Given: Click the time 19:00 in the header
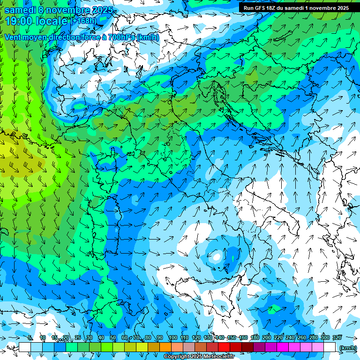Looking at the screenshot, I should (18, 21).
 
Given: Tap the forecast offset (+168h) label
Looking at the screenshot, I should (84, 21).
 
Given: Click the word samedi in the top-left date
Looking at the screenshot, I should (19, 9).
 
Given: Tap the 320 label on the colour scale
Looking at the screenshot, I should (337, 338).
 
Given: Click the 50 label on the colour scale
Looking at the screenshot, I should (113, 338).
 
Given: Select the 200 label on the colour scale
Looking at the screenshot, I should (267, 338).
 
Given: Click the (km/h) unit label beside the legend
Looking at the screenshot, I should (348, 348).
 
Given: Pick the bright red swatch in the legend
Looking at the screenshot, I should (224, 347).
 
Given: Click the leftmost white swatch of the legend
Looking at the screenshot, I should (25, 347).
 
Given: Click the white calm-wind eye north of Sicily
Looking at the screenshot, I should (217, 256).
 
